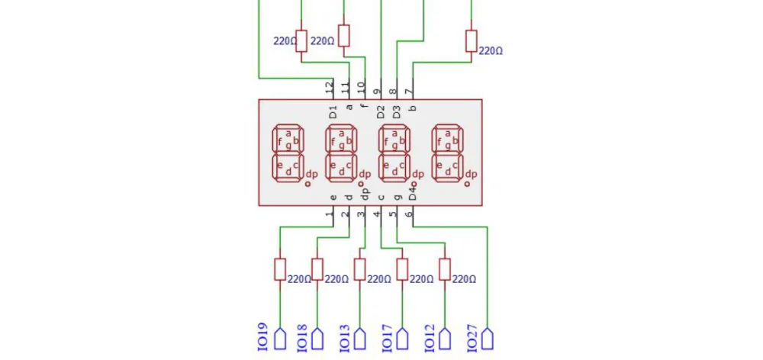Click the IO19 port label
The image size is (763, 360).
tap(262, 336)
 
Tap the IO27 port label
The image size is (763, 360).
tap(472, 336)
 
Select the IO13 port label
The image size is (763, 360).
tap(344, 336)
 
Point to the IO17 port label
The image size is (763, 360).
tap(388, 336)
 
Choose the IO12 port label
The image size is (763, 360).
tap(430, 336)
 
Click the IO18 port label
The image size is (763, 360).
tap(301, 336)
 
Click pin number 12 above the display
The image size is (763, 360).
tap(330, 88)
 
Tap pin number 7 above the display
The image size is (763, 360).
tap(409, 91)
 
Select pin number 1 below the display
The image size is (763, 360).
tap(330, 214)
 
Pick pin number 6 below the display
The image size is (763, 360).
tap(409, 214)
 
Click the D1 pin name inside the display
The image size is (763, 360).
tap(333, 112)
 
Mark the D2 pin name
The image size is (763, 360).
tap(381, 112)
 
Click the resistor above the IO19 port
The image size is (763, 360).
tap(280, 269)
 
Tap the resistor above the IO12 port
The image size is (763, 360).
tap(445, 269)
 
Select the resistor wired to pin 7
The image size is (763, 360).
tap(471, 41)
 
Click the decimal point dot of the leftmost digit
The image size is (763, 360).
tap(307, 184)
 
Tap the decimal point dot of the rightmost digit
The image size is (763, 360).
tap(467, 184)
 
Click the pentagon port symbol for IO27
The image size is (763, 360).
tap(487, 339)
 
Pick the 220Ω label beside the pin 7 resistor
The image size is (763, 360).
tap(491, 51)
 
